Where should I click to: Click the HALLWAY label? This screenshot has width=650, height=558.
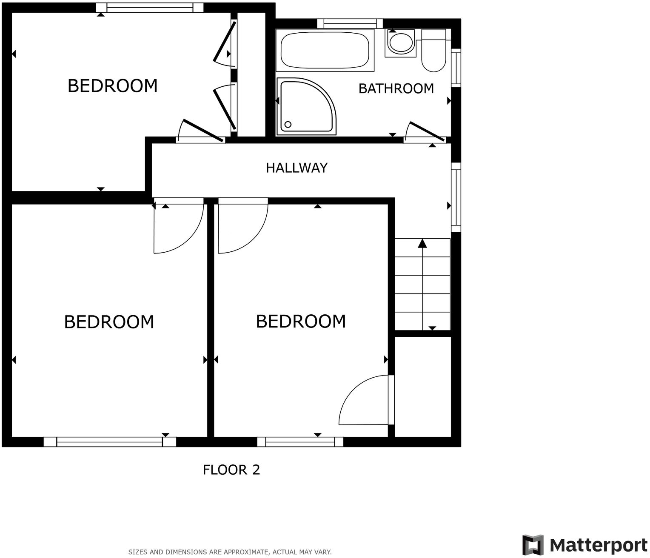(x=296, y=168)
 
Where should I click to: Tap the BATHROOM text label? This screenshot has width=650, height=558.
(x=396, y=88)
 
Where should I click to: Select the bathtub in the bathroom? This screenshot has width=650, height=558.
(x=325, y=50)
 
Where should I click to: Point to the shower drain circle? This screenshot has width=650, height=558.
(x=288, y=125)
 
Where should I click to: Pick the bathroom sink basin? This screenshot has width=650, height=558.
(x=401, y=43)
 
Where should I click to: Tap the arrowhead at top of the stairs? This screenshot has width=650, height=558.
(x=422, y=243)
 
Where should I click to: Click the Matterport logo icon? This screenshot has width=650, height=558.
(x=533, y=544)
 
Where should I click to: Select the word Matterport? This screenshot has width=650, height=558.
(x=598, y=545)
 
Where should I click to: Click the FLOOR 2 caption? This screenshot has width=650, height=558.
(x=231, y=470)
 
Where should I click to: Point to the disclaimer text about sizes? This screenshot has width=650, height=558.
(x=230, y=552)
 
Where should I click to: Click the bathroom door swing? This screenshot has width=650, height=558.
(x=423, y=132)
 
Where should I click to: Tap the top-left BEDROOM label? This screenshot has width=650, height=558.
(x=112, y=86)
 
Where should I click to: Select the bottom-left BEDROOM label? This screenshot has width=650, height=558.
(x=109, y=322)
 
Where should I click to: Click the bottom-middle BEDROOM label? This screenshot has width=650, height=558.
(x=301, y=321)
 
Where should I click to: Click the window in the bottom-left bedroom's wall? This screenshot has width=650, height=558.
(x=110, y=442)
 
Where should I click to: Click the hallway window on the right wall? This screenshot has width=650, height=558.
(x=456, y=197)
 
